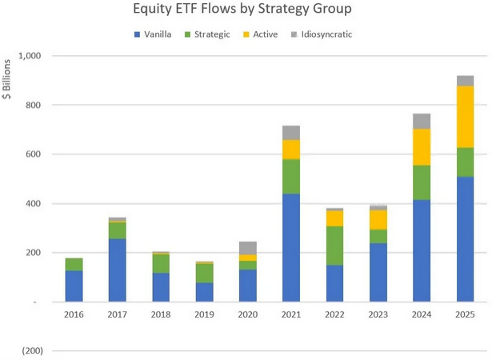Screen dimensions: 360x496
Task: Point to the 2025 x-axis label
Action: click(x=464, y=314)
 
